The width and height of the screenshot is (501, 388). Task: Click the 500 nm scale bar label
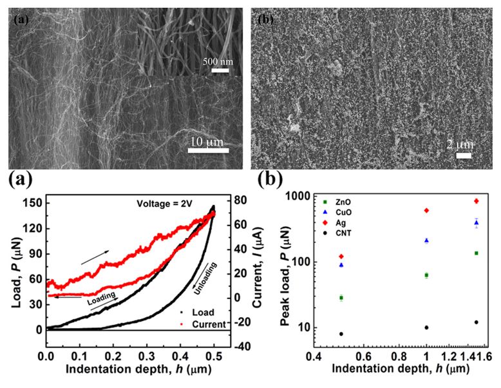click(216, 62)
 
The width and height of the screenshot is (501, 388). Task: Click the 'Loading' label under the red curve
click(102, 297)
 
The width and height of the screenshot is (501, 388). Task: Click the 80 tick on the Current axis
click(241, 199)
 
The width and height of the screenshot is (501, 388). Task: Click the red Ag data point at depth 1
click(426, 211)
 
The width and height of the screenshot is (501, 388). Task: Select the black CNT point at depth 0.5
click(341, 334)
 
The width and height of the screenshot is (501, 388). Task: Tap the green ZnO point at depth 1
click(426, 275)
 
